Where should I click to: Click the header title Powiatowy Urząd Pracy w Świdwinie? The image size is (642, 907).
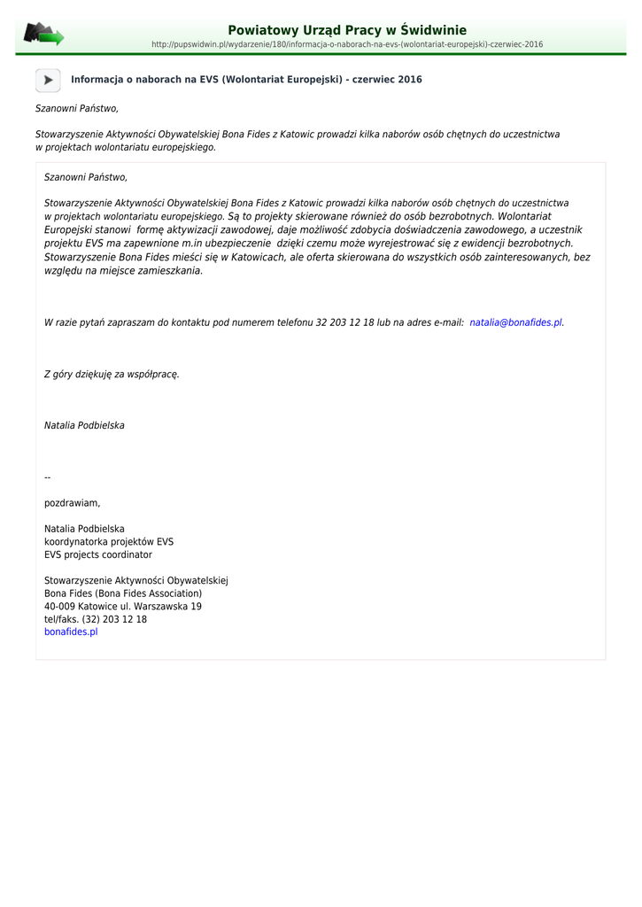347,30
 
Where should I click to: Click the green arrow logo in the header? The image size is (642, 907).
43,35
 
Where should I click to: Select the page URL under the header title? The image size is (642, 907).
347,44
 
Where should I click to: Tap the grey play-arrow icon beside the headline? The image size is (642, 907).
48,80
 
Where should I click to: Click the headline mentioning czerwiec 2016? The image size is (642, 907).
246,80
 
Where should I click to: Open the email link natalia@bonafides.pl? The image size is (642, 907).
515,322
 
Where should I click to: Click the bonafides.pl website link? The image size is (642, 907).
71,632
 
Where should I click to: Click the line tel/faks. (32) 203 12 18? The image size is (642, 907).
96,619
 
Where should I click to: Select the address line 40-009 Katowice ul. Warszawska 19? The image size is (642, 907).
123,607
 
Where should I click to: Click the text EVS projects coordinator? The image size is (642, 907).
98,554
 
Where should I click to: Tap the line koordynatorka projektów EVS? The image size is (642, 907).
109,541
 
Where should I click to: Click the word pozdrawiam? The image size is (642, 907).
73,503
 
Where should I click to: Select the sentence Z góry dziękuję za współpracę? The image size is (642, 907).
112,374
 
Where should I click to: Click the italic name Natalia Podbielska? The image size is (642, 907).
84,425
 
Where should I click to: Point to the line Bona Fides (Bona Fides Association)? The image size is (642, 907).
123,593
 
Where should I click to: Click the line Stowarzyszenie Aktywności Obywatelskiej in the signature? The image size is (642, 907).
136,580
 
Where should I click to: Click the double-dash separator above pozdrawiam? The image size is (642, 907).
48,477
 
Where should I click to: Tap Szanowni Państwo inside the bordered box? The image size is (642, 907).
86,177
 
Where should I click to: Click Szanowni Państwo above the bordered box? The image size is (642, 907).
76,108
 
